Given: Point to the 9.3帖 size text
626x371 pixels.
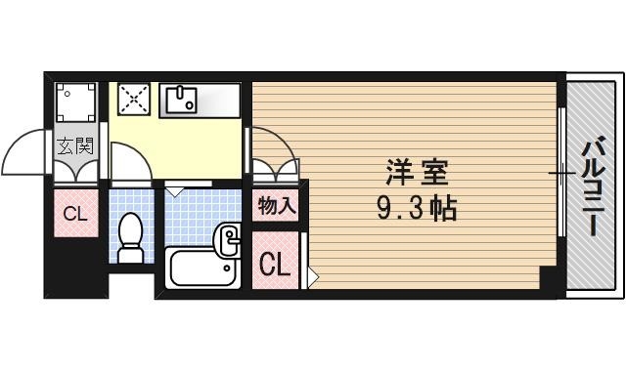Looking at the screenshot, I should [x=416, y=208].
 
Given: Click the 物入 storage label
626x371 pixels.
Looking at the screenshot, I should [x=277, y=205].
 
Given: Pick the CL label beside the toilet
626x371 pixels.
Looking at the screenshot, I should [x=75, y=214].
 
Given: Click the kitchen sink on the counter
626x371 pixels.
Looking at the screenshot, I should [x=182, y=98].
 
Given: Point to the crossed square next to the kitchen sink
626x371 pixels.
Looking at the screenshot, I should [x=133, y=99].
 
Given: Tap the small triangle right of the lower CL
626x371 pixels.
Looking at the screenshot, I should [x=312, y=277].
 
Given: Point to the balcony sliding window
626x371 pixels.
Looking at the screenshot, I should [x=561, y=174].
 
